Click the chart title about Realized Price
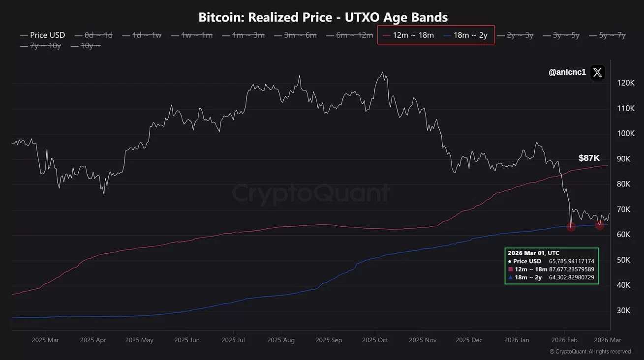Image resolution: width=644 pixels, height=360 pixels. click(323, 18)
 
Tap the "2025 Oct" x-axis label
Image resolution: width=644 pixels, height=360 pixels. click(375, 340)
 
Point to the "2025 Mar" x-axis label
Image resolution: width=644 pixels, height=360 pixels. click(45, 340)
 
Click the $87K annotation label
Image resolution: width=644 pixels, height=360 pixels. click(589, 158)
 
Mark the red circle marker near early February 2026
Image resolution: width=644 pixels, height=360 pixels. click(571, 227)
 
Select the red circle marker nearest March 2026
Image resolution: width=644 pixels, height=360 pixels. click(600, 225)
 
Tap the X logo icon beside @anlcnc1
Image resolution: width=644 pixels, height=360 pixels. click(597, 73)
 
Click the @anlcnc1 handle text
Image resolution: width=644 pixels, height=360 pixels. click(567, 73)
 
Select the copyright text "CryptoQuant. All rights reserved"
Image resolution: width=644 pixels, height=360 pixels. click(593, 352)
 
